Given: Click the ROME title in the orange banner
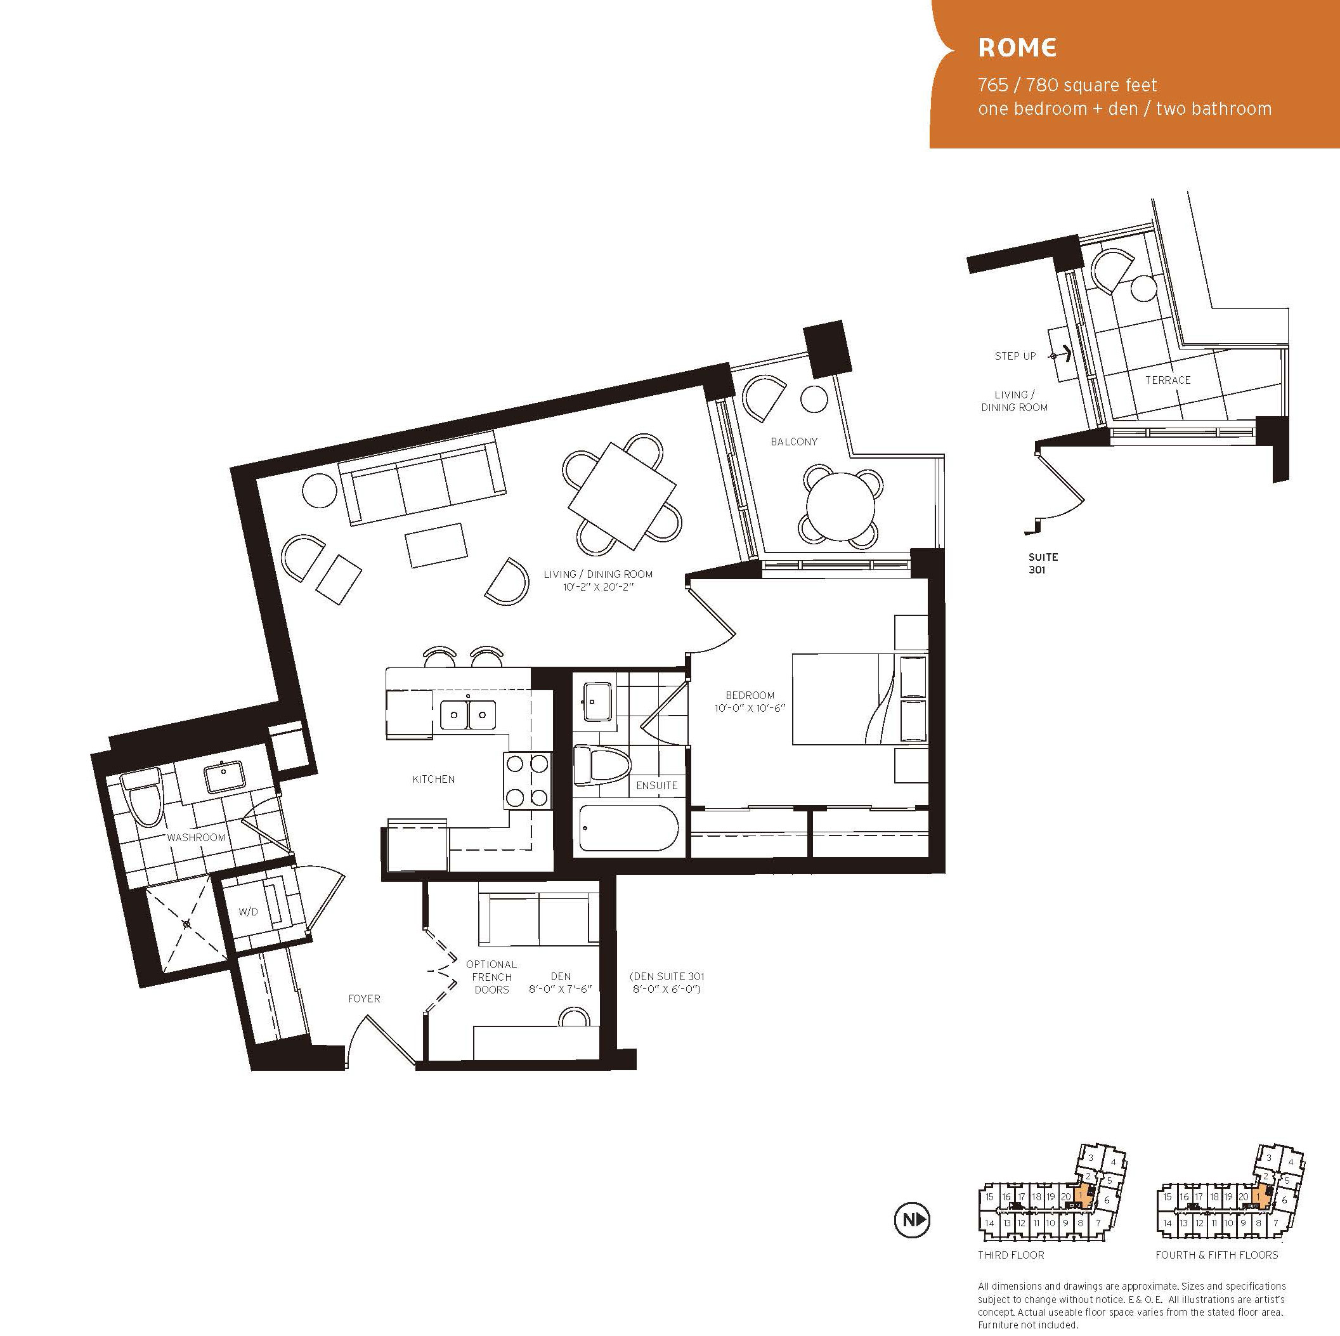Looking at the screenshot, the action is pos(1017,47).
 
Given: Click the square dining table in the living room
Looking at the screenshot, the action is pos(621,495).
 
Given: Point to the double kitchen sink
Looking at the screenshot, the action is pos(467,714).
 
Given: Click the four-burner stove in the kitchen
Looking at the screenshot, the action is pos(526,780).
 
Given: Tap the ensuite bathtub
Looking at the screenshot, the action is pos(627,827).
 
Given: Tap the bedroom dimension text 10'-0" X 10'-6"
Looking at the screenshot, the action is pos(749,708).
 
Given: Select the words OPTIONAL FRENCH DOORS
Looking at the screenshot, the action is pos(491,977).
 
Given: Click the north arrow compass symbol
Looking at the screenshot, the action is pos(912,1239).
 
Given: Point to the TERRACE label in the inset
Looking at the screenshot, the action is pos(1168,380).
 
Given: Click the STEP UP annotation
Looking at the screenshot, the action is pos(1015,356).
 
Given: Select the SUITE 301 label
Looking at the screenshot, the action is pos(1043,563).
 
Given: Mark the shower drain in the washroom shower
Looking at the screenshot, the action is pos(186,924).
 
